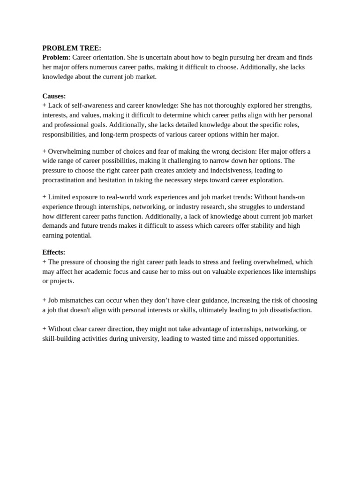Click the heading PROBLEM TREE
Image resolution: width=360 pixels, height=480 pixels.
coord(72,48)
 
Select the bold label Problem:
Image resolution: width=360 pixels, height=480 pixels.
coord(56,57)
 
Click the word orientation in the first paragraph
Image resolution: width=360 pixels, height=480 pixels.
coord(108,57)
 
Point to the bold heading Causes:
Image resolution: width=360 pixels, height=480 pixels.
coord(54,96)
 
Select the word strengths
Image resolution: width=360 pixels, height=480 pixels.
coord(295,105)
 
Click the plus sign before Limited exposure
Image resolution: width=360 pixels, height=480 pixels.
coord(44,197)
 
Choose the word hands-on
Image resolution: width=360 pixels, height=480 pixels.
coord(292,197)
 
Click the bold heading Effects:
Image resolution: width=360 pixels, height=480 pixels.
coord(54,252)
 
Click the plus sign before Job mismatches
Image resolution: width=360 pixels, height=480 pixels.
coord(44,300)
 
